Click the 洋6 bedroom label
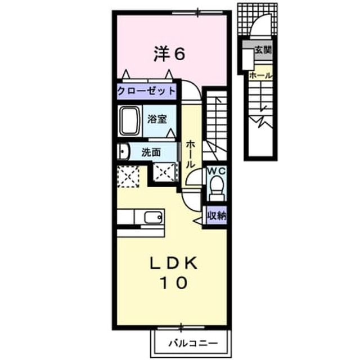169,54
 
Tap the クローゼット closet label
146,91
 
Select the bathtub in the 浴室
130,121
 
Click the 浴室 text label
157,119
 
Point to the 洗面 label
151,152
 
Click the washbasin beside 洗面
124,151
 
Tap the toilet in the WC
217,187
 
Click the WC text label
217,170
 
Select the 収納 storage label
217,215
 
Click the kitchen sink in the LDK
154,217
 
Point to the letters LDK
174,263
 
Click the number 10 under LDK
174,282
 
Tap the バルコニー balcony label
193,343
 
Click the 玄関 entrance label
263,49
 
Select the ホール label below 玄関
260,75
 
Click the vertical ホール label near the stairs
190,154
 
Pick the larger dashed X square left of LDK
128,177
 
